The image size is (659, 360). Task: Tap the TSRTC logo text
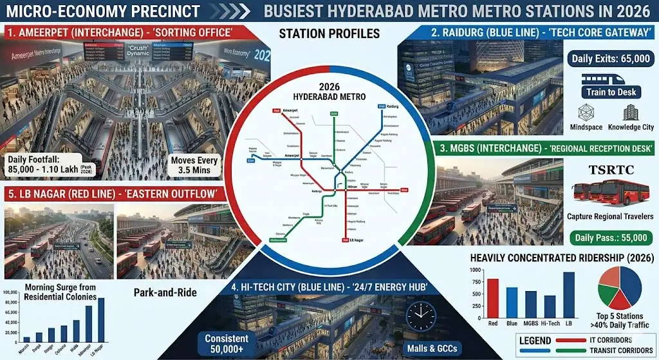coord(611,171)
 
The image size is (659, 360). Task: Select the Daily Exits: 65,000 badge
coord(611,59)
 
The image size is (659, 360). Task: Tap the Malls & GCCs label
coord(436,348)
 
